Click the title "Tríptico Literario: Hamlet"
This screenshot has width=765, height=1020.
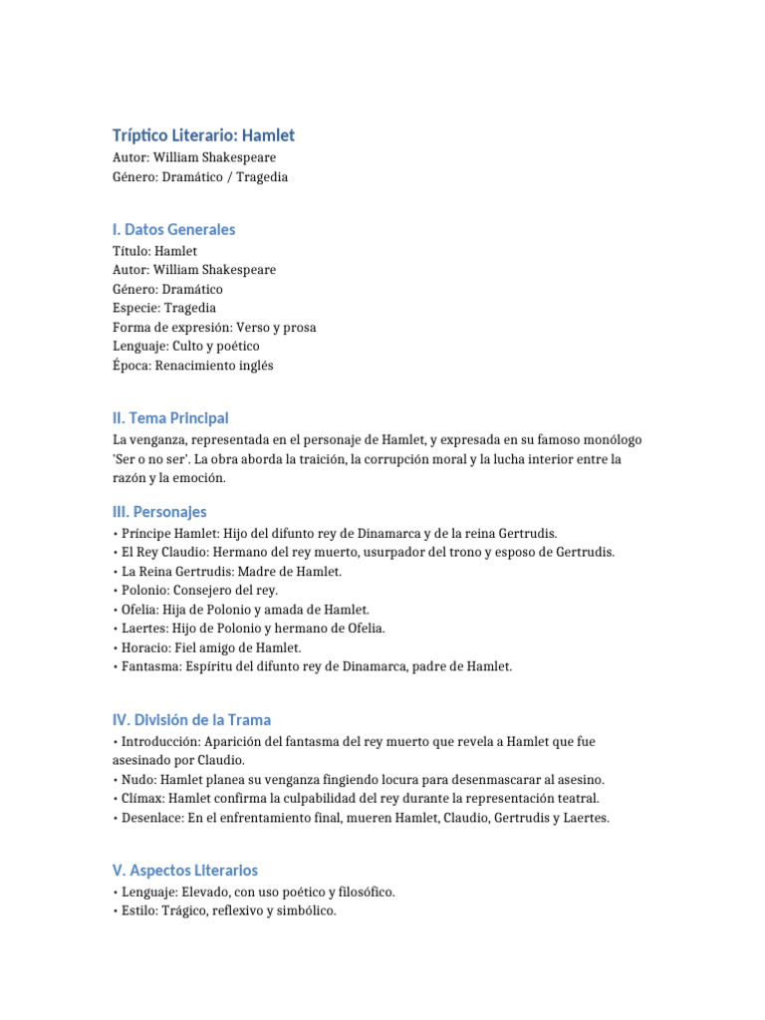(203, 135)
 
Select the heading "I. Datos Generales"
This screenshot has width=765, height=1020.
(173, 229)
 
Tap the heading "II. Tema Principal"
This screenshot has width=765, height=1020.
(170, 418)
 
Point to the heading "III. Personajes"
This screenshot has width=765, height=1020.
(159, 512)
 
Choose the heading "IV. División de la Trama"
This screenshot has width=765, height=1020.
(191, 720)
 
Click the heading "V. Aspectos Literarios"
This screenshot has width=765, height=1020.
(185, 871)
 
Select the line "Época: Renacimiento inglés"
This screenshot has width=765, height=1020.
(192, 366)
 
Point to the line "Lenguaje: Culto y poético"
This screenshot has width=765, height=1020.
(185, 346)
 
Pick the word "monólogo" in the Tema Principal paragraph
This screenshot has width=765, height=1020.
(612, 439)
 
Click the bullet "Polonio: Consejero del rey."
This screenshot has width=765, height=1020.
(195, 591)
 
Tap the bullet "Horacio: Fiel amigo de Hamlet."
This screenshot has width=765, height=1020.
(207, 647)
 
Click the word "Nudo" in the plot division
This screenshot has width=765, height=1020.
(136, 780)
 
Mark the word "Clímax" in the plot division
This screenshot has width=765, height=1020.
(141, 799)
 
